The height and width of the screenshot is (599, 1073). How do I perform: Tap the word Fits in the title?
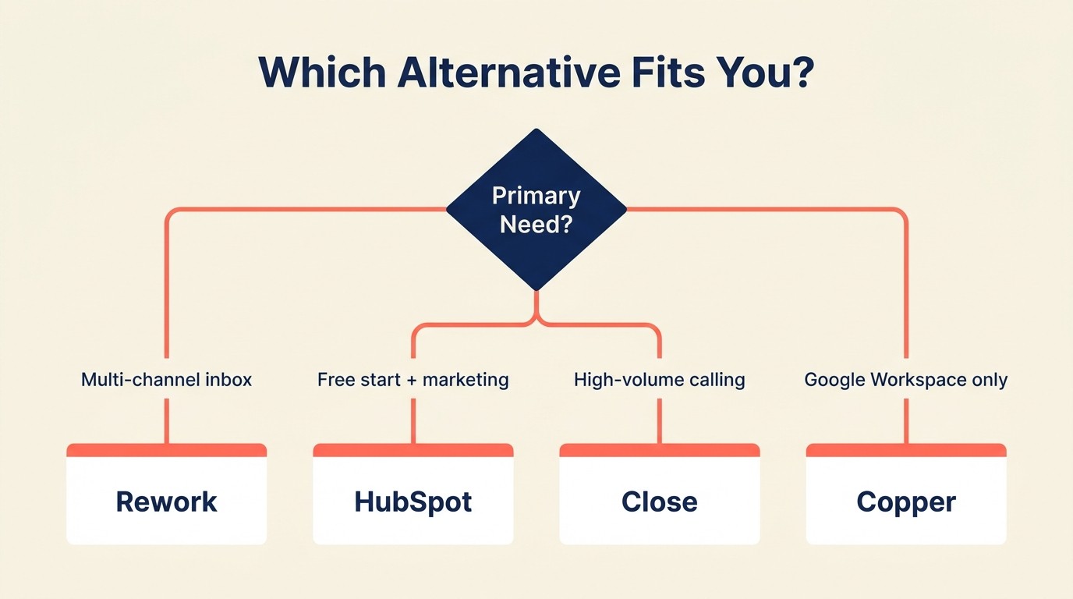(668, 72)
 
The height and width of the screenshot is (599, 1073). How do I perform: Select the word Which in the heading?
(322, 72)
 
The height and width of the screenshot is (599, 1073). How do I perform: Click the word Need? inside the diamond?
(536, 225)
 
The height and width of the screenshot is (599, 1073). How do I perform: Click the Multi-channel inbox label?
(167, 380)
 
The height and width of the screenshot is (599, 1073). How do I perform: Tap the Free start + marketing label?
(413, 380)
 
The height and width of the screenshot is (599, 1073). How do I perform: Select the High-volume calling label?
(660, 380)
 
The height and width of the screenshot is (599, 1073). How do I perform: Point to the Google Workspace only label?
(906, 380)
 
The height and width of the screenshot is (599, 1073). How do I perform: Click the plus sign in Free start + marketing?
(410, 381)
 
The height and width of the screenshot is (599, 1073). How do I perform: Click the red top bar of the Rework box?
(167, 450)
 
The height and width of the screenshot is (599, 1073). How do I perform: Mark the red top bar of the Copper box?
(906, 450)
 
